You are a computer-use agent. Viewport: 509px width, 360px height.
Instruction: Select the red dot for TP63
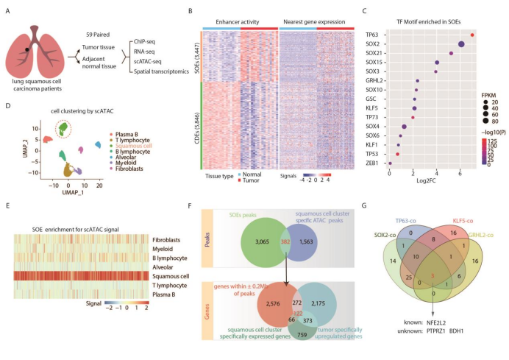pos(472,34)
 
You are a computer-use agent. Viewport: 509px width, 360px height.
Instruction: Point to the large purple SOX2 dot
pos(460,44)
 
